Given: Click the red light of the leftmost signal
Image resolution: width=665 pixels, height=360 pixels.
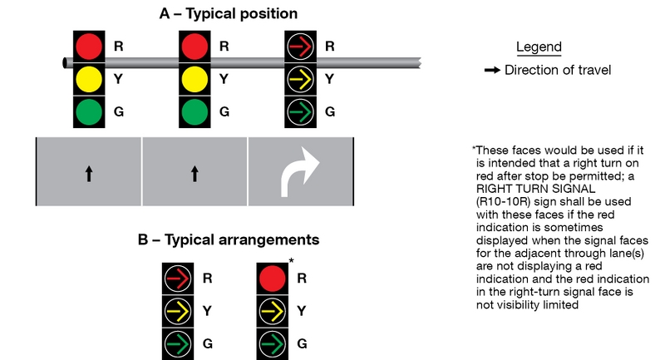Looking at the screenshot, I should click(x=89, y=46).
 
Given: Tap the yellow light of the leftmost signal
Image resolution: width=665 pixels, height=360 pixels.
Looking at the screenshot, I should click(x=89, y=78).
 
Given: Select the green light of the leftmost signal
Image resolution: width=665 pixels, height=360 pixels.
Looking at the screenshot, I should click(x=89, y=111).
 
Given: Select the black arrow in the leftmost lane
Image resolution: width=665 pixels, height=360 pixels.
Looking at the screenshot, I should click(x=89, y=174).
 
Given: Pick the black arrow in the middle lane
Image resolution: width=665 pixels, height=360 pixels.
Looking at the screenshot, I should click(x=195, y=174).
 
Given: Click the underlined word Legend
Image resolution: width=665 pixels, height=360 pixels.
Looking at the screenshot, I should click(x=539, y=47).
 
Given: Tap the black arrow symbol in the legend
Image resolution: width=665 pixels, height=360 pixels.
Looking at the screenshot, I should click(x=492, y=71).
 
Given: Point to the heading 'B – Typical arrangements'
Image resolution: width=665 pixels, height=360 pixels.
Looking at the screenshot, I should click(x=229, y=240).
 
